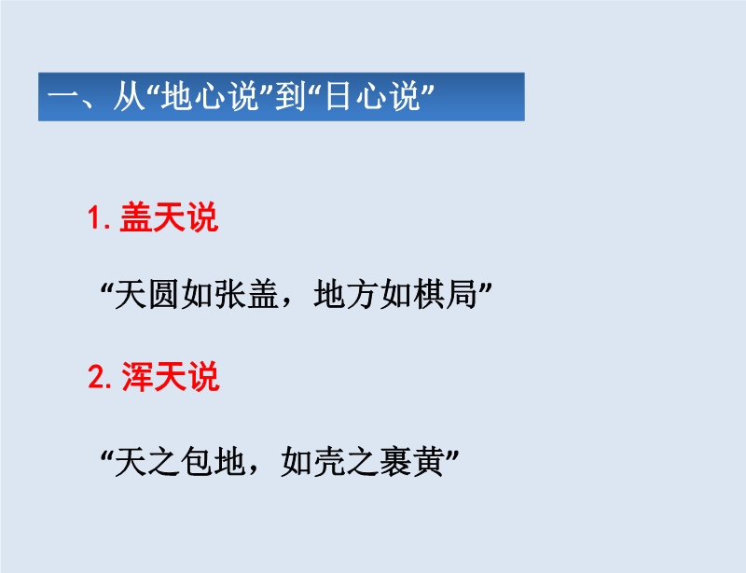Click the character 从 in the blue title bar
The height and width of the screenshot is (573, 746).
click(129, 96)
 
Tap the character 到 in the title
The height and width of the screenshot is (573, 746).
click(290, 96)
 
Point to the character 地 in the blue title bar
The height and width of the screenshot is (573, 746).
click(176, 96)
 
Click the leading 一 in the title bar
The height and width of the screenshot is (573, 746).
click(62, 97)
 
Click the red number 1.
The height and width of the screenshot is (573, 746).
click(95, 218)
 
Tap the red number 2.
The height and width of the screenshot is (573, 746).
click(96, 377)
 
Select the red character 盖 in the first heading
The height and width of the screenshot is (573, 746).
click(135, 217)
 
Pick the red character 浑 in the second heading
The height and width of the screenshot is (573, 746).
click(137, 376)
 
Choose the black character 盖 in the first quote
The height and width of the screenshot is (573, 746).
click(263, 294)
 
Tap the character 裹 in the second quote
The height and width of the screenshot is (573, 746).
click(395, 461)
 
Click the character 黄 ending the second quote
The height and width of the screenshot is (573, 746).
click(429, 461)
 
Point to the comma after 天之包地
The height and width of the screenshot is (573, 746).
click(253, 471)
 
